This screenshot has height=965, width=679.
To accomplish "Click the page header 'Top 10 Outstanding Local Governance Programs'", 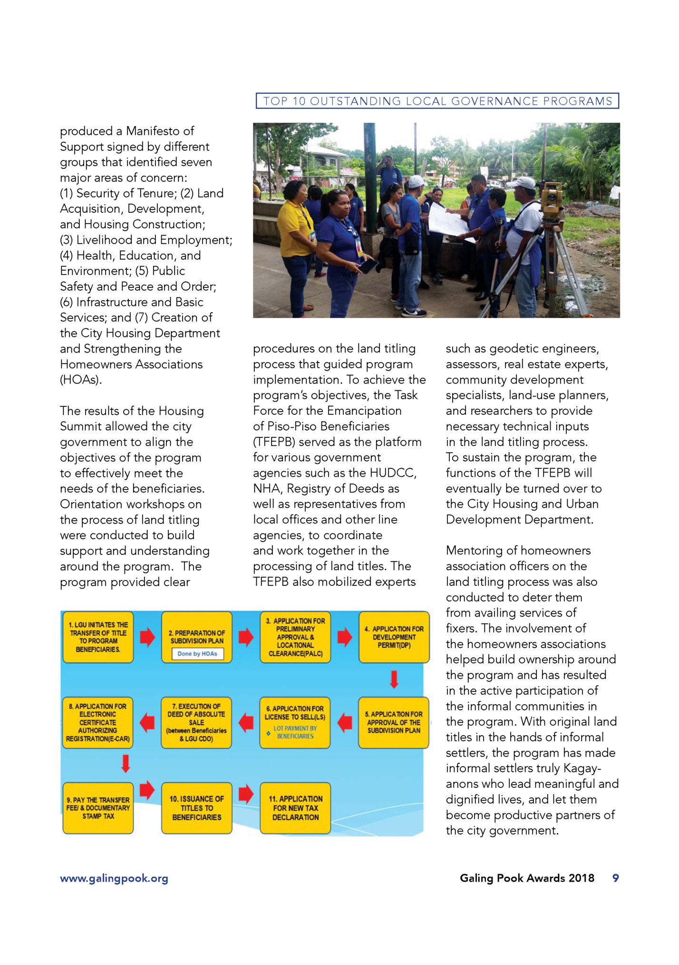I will point(437,101).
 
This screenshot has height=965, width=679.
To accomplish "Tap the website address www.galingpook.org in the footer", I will point(114,878).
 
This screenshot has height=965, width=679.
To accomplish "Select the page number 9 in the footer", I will point(615,878).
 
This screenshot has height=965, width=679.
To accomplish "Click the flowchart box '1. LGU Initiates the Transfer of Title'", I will point(98,637).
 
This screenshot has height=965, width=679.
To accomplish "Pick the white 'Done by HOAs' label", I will point(197,654).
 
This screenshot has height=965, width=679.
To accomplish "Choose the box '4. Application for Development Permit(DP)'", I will point(394,637).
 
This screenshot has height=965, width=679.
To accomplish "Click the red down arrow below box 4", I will point(394,679).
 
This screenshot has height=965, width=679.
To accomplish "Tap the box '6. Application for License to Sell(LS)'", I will point(295,722).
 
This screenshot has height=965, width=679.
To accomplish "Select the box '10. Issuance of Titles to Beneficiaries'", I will point(196,808).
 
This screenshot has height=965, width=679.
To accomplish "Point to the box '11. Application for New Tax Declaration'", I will point(295,808).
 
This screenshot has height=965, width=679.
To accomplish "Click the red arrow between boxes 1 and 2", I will point(147,637).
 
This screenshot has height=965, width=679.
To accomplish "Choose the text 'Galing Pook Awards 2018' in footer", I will point(527,878).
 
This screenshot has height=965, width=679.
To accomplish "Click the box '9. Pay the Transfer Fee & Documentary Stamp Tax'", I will point(98,808).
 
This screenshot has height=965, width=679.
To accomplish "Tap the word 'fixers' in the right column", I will point(461,629).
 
